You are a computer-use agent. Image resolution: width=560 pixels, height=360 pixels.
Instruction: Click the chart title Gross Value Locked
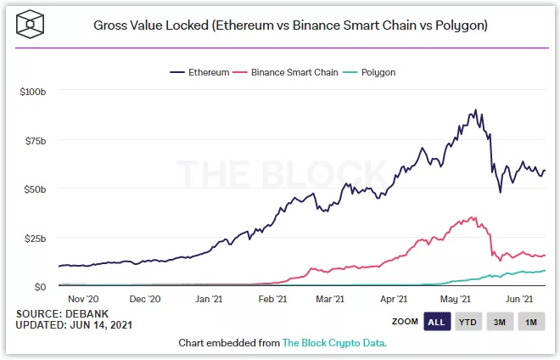290,25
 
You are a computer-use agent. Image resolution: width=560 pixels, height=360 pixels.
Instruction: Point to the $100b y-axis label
32,91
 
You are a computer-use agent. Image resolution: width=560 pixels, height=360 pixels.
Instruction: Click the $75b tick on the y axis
35,140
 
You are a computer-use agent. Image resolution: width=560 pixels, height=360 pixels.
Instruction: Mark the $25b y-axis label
35,238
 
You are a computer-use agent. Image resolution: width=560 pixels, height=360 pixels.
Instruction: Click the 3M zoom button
501,323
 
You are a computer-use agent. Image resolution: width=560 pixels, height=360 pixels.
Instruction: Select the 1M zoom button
532,323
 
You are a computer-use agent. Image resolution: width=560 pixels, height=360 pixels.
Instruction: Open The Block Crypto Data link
334,343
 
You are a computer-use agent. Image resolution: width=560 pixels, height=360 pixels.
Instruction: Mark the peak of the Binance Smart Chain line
473,217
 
